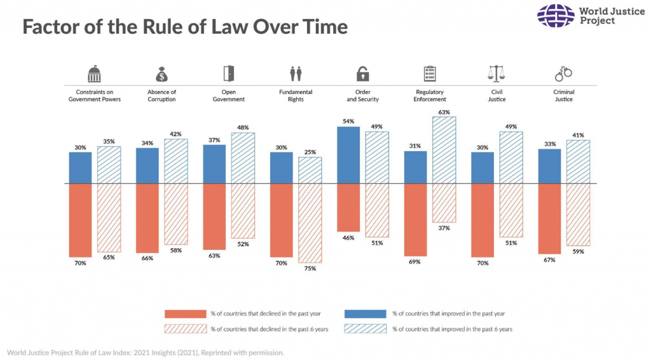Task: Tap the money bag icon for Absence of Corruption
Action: tap(161, 74)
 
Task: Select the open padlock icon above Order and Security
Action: tap(362, 74)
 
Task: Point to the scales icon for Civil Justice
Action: tap(497, 74)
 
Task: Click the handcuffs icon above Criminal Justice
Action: tap(563, 74)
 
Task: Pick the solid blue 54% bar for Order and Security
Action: tap(348, 155)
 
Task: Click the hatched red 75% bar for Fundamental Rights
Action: tap(310, 223)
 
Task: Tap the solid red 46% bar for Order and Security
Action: tap(348, 207)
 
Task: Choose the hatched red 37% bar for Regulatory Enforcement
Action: tap(444, 203)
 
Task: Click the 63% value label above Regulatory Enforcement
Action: tap(444, 113)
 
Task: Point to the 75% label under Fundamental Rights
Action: tap(310, 268)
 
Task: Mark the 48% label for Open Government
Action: tap(242, 127)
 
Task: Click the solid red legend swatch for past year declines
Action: tap(186, 314)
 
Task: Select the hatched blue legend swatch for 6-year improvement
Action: tap(365, 329)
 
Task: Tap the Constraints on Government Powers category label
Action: tap(94, 95)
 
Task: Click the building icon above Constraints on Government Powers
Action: tap(94, 74)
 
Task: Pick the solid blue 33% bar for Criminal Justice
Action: tap(549, 166)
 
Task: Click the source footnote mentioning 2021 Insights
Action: tap(145, 352)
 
